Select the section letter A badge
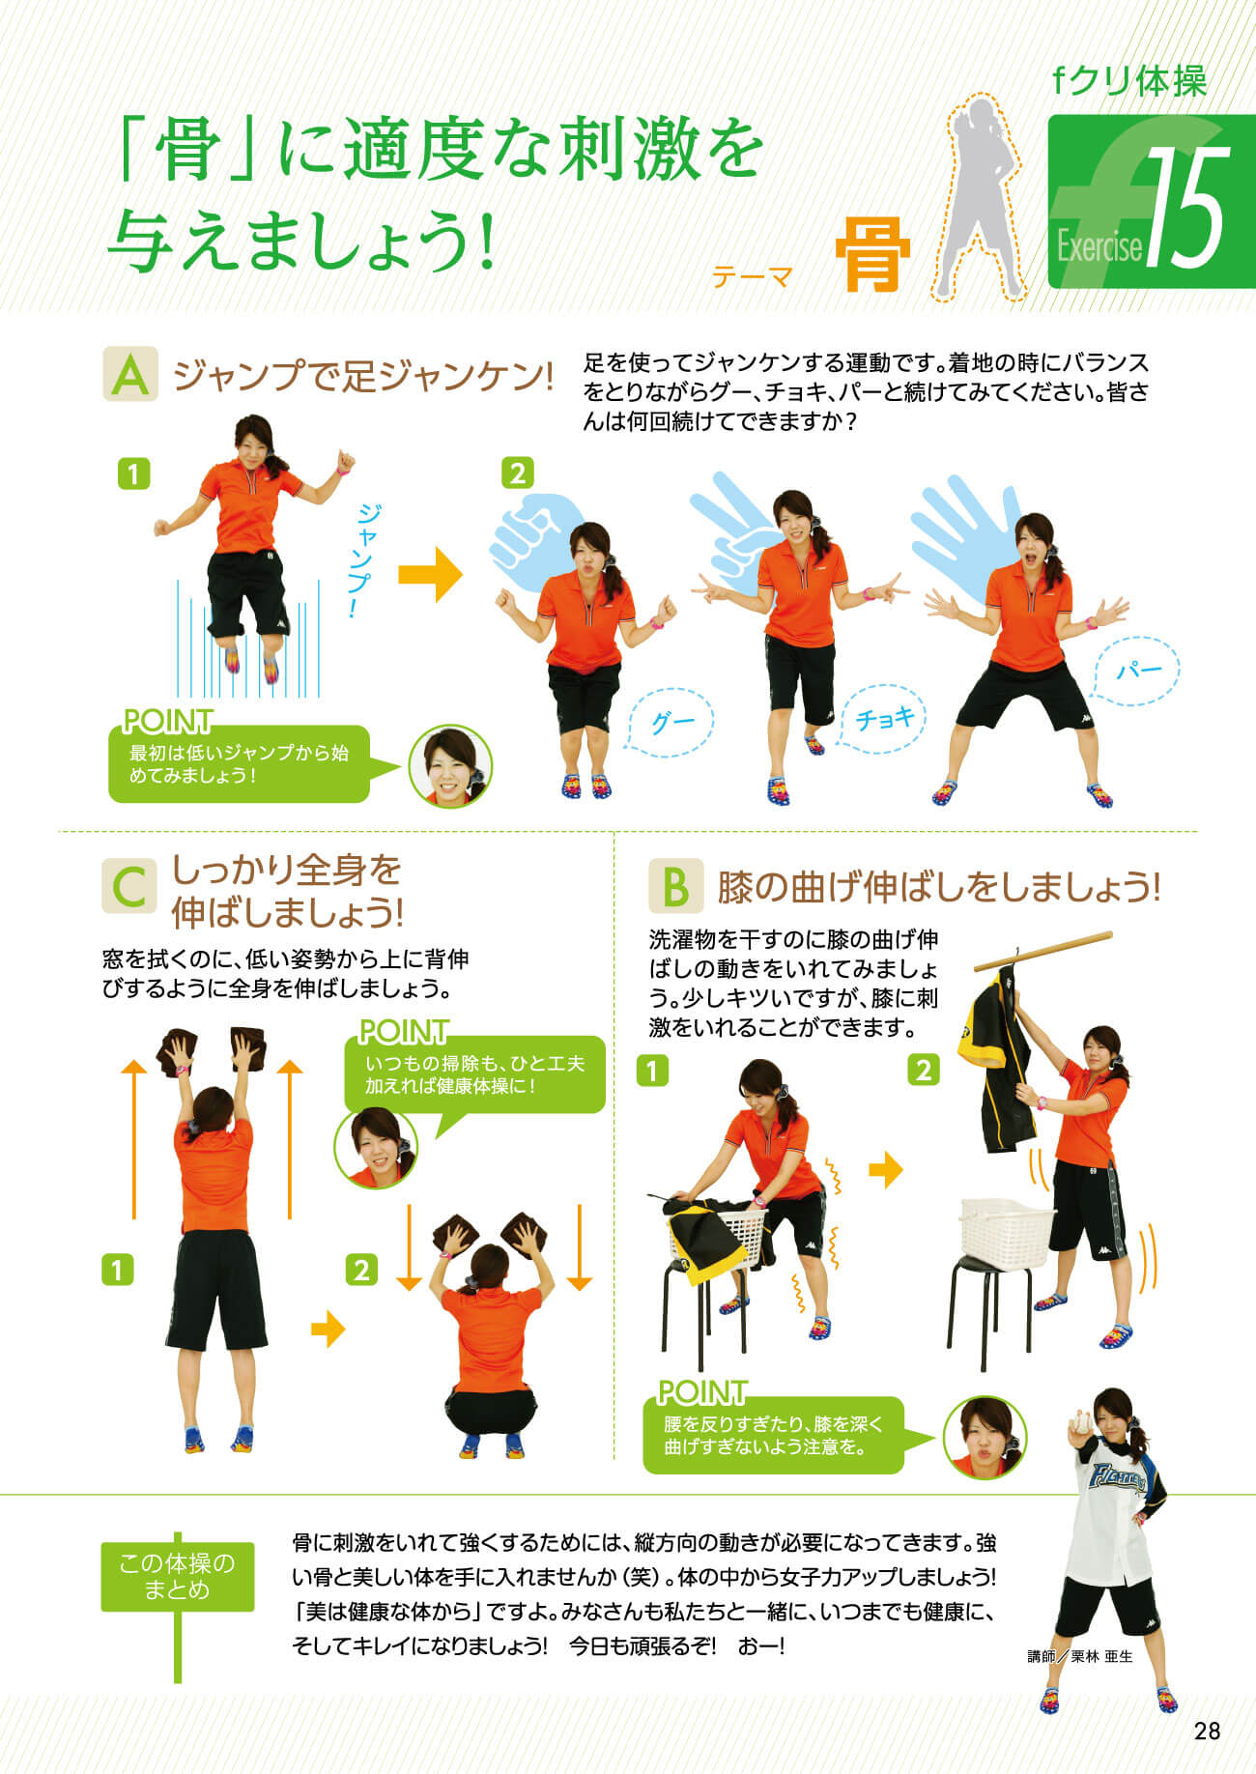130,375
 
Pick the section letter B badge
675,886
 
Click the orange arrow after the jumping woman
431,574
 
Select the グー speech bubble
665,723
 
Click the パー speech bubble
1136,671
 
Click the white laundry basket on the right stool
1006,1233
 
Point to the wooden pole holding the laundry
1042,951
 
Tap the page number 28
1207,1731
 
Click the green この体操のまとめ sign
178,1577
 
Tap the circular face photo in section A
450,766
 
